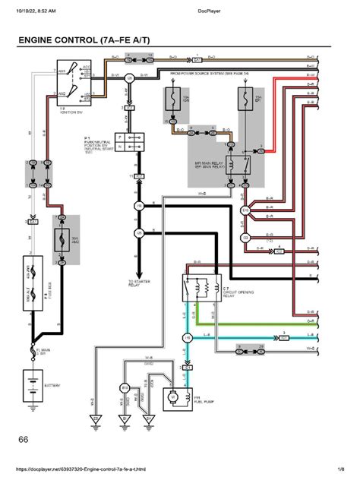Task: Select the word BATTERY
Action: (52, 386)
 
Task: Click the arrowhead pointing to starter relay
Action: (139, 273)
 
